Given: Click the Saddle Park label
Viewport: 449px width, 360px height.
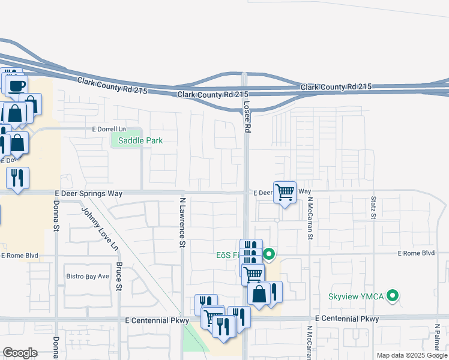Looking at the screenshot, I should (x=140, y=140).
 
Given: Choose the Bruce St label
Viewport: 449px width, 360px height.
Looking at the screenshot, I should (x=119, y=277).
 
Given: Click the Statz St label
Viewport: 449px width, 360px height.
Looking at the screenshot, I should (x=373, y=207).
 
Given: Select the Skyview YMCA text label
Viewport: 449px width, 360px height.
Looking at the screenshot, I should (x=357, y=296).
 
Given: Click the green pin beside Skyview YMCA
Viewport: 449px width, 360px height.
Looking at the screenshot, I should (x=393, y=295).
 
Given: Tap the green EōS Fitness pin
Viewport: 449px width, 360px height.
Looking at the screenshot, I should (x=270, y=255).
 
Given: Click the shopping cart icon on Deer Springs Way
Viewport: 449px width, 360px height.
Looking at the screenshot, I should (x=285, y=193).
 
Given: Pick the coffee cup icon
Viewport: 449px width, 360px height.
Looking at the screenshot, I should (x=17, y=85).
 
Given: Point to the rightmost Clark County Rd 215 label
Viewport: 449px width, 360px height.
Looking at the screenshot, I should (x=336, y=87).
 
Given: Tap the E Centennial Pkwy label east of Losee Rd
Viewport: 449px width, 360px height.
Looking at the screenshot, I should (x=346, y=319).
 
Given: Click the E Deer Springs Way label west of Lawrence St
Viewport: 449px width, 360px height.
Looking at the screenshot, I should (x=88, y=193).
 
